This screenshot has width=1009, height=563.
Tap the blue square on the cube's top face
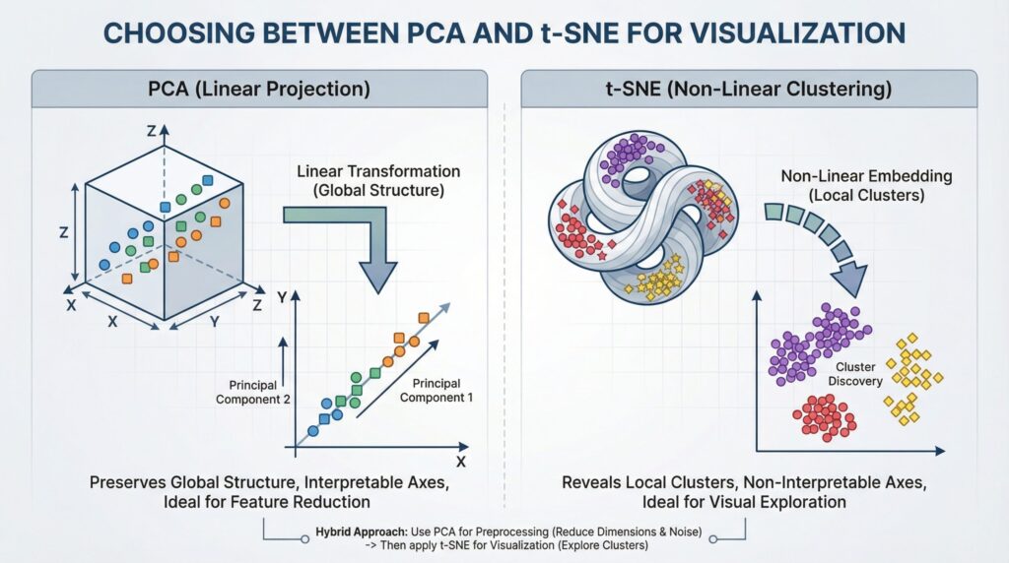pos(165,209)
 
